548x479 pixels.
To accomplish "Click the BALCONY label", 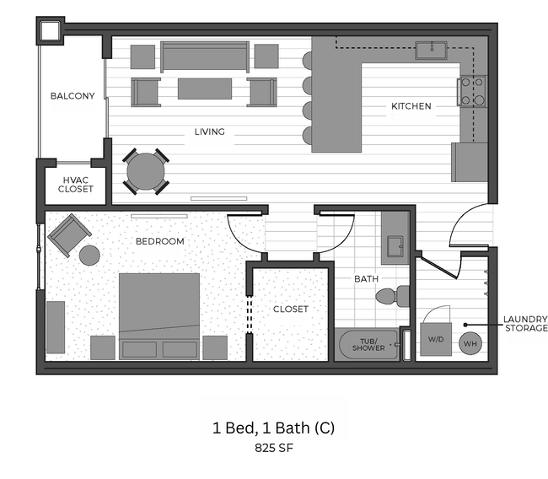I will click(72, 96).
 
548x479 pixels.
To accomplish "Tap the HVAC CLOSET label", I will click(76, 184).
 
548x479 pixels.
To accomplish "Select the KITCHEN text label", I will click(411, 106).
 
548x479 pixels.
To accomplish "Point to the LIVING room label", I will click(209, 132).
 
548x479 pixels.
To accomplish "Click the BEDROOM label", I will click(159, 241).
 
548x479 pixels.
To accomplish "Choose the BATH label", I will click(365, 278).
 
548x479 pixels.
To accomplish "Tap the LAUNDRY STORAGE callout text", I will click(525, 323).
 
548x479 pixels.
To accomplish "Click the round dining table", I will click(146, 171).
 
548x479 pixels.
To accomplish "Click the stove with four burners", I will click(472, 91).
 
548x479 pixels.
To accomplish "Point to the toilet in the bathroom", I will click(393, 296).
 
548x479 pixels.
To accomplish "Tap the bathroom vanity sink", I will click(395, 245).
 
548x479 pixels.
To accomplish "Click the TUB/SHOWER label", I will click(368, 344).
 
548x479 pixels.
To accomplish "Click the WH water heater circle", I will click(470, 342).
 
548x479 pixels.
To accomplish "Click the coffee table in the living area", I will click(205, 89).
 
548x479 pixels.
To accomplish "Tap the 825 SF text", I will click(273, 449).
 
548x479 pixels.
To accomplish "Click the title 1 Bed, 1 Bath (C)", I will click(273, 428).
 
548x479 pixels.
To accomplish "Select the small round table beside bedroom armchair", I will click(89, 255).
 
